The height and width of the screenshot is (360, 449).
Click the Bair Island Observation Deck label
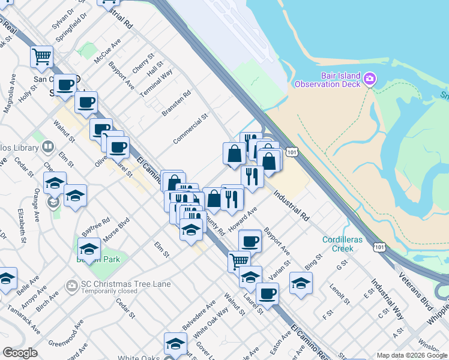tap(327, 80)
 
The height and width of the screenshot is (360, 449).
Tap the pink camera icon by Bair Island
tap(370, 79)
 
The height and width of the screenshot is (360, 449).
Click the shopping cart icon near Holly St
tap(41, 56)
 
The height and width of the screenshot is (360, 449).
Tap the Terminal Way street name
tap(157, 83)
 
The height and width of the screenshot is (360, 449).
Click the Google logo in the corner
tap(20, 353)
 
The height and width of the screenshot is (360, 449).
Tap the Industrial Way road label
tap(387, 298)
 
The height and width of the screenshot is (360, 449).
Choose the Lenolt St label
tap(340, 295)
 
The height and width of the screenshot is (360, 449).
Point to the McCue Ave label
tap(107, 51)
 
